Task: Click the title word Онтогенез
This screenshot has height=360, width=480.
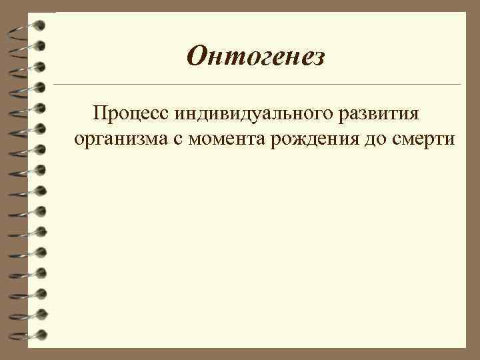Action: click(x=256, y=57)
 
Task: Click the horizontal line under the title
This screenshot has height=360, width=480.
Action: click(x=256, y=85)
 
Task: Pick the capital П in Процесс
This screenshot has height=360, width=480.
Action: click(x=101, y=113)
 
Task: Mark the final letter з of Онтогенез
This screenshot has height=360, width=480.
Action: click(x=318, y=59)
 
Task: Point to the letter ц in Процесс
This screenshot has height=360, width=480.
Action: click(x=132, y=114)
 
